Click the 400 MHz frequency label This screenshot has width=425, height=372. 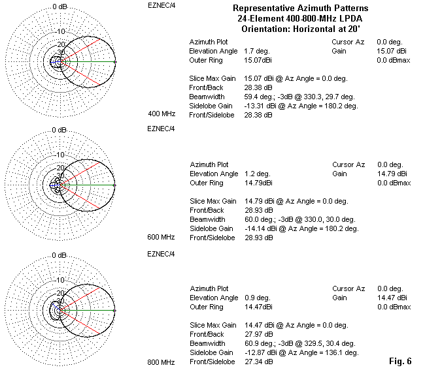(x=161, y=114)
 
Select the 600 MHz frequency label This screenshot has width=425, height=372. (x=161, y=238)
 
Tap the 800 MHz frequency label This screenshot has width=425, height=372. (x=161, y=362)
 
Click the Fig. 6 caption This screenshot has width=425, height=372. (x=400, y=361)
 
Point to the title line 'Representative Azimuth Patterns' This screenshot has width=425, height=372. (x=300, y=8)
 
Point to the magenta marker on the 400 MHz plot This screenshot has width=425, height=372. (x=115, y=62)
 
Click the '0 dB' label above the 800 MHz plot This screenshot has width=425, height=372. (x=60, y=255)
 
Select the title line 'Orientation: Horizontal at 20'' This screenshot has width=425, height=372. (x=300, y=29)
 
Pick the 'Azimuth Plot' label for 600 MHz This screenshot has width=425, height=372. (x=209, y=165)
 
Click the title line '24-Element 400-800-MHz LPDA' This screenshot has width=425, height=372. (x=300, y=18)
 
